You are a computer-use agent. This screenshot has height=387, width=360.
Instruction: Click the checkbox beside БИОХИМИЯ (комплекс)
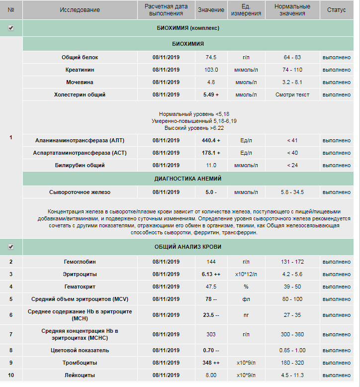click(11, 28)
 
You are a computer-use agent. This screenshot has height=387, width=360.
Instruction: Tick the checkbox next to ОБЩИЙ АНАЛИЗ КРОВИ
click(11, 246)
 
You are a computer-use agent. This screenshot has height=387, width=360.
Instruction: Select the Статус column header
click(336, 10)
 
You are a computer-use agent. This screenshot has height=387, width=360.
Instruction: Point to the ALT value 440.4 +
click(211, 140)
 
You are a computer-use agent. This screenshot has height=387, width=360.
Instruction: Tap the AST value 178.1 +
click(211, 153)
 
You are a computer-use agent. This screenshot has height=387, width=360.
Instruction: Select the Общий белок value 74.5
click(211, 57)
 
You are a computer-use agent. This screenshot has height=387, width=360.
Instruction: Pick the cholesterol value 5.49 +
click(211, 95)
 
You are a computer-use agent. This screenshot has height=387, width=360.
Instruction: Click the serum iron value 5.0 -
click(211, 192)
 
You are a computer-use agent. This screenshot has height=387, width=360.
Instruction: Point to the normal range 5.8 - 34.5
click(292, 192)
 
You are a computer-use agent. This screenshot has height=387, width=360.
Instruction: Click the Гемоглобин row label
click(80, 262)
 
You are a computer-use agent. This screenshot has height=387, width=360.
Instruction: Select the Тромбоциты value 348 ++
click(211, 363)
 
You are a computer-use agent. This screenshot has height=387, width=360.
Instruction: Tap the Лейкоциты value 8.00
click(211, 375)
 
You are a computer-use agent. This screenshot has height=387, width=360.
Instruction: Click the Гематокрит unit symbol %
click(246, 287)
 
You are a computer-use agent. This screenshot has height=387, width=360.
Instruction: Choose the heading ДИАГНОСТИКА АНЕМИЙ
click(188, 178)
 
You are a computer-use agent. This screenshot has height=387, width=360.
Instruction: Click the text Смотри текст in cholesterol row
click(292, 95)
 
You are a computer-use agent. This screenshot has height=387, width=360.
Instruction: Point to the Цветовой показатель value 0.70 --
click(211, 350)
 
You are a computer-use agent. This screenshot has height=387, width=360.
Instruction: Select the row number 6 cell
click(11, 315)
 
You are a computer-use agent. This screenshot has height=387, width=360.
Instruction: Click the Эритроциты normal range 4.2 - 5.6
click(292, 274)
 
